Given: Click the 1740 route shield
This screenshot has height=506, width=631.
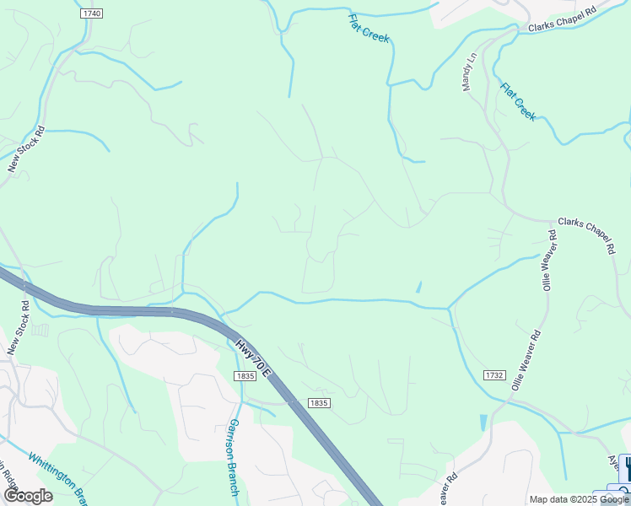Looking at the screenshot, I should [92, 14].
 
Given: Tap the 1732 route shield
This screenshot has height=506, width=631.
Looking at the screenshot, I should [495, 374].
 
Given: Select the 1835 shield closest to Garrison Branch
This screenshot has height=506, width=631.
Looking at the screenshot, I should [245, 376].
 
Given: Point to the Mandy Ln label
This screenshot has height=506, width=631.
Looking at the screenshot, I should [469, 72].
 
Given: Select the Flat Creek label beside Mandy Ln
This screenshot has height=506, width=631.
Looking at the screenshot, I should [517, 101].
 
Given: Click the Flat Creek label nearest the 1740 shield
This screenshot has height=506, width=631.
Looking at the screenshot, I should [369, 28].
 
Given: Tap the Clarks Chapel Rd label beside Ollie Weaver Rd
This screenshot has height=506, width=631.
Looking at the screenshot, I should [587, 232].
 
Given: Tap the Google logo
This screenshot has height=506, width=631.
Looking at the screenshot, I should [28, 495].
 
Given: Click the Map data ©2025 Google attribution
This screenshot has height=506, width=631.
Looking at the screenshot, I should [579, 499].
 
